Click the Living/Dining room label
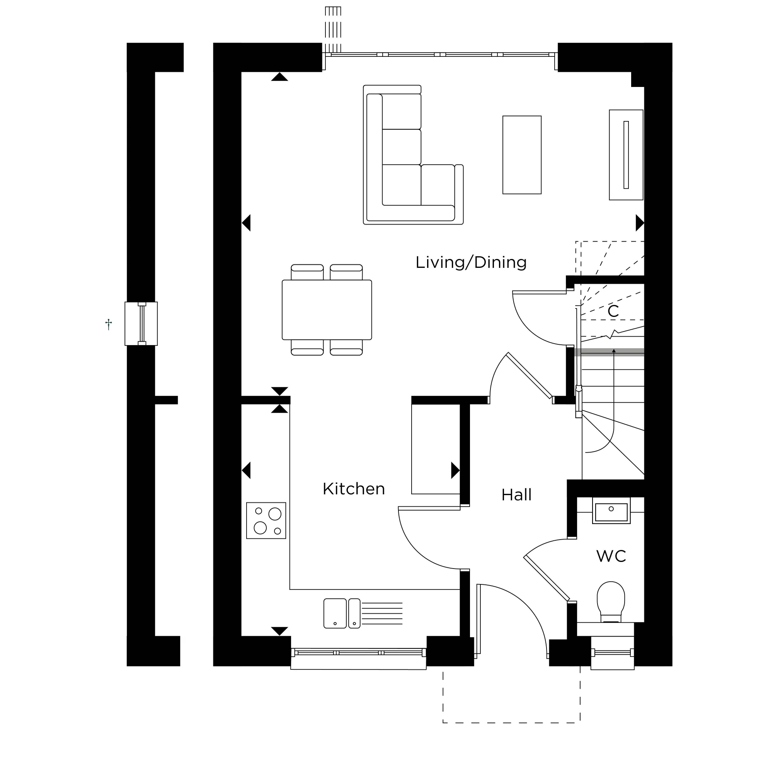471,263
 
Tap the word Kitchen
354,489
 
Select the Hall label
516,495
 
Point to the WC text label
611,556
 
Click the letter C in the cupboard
613,311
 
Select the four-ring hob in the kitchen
266,521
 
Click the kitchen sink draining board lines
382,613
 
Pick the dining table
327,310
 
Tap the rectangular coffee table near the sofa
522,155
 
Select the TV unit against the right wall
626,155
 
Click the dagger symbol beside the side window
109,324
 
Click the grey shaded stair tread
609,352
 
